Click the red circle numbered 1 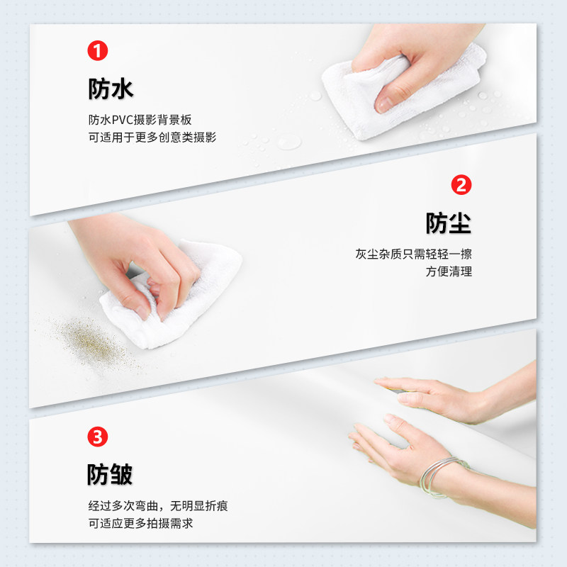coord(98,51)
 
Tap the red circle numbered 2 coord(461,186)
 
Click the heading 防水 coord(111,89)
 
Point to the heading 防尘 coord(449,223)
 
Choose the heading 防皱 coord(111,474)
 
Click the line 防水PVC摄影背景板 coord(140,120)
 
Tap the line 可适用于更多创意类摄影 coord(152,137)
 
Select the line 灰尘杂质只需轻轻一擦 coord(414,254)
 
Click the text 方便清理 coord(449,271)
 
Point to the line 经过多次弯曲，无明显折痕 coord(158,506)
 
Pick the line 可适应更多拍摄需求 coord(140,524)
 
